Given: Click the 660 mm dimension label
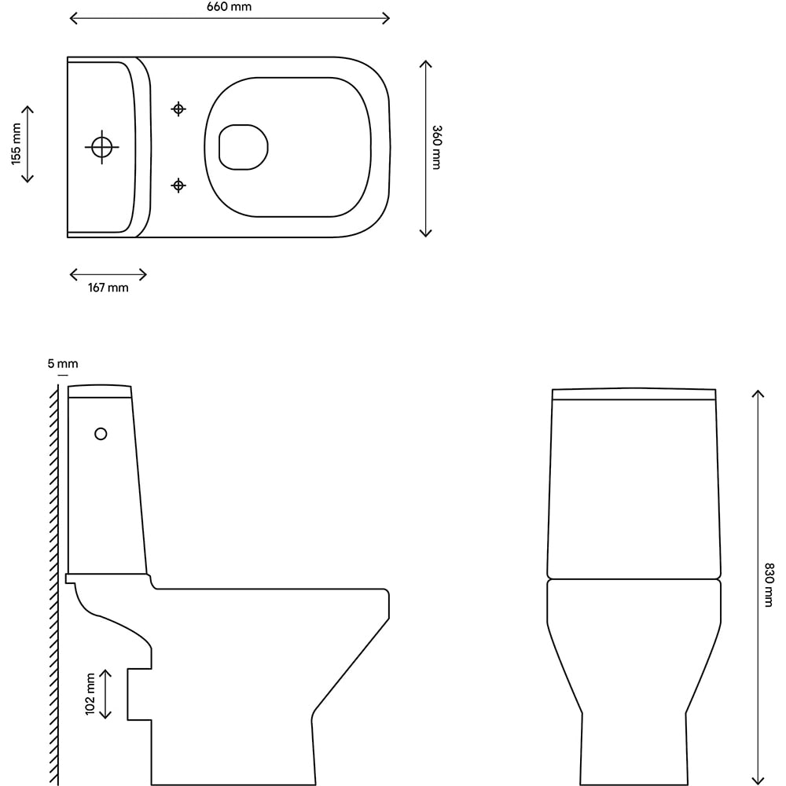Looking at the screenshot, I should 230,7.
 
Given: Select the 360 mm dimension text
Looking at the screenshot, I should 436,147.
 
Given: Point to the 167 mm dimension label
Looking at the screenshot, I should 108,288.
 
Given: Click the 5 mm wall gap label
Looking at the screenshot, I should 63,364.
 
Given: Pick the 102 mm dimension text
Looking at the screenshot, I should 90,694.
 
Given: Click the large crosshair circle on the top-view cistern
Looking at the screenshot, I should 101,146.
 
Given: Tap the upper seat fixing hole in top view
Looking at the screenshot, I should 178,108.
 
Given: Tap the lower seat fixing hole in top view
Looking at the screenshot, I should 178,185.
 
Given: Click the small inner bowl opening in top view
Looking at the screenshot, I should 243,147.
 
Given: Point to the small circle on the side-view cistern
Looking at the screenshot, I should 101,433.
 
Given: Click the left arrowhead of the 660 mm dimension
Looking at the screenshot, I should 72,18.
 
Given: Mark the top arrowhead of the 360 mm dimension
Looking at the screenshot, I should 425,63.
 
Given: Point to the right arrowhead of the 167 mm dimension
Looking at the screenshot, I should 144,274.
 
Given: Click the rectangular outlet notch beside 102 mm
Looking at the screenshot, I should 139,694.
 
